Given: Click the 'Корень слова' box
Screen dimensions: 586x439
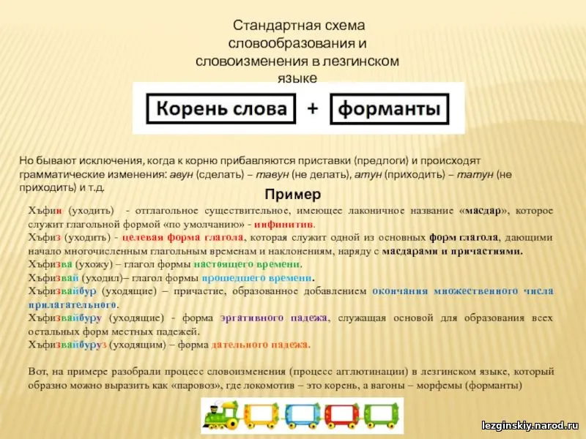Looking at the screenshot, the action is point(221,108).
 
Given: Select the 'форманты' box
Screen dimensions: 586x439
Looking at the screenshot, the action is point(390,108).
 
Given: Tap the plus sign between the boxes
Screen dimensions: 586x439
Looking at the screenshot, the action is point(313,108).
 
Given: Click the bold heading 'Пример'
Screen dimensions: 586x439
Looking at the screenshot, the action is point(292,194).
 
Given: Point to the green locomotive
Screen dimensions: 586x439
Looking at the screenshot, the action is point(222,414).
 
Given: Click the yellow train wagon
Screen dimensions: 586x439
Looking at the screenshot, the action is point(262,415).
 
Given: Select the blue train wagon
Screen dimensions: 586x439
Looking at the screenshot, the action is point(303,415).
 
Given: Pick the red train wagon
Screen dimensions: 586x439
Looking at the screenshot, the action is point(342,415).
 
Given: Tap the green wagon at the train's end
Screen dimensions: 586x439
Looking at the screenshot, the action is point(381,415).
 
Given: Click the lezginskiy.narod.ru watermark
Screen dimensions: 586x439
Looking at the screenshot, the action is point(530,425).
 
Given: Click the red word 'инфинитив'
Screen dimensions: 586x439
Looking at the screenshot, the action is point(284,225).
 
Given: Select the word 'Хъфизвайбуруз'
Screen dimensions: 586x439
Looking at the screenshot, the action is point(67,345).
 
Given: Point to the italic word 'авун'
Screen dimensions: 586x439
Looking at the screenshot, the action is point(181,174).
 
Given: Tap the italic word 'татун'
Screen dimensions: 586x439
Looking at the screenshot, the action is point(472,174).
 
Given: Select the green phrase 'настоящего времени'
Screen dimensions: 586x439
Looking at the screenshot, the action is point(247,264).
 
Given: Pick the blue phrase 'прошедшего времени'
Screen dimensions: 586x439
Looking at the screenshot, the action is point(257,278).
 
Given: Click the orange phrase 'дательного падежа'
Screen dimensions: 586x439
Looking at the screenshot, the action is point(261,345).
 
